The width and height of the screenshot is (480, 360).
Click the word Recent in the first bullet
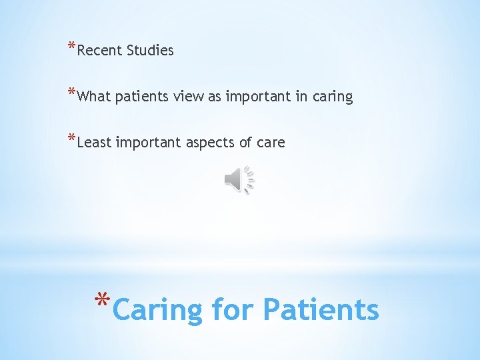tap(99, 51)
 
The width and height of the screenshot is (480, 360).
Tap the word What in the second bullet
tap(94, 97)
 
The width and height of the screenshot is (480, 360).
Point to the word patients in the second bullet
tap(142, 97)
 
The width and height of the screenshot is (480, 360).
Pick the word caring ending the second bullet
tap(332, 97)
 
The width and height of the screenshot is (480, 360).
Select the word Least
tap(94, 142)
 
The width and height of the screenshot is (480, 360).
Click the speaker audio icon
tap(235, 180)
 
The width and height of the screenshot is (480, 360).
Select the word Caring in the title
tap(158, 311)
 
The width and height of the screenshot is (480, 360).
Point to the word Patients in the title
tap(321, 309)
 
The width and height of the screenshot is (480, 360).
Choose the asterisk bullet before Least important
tap(71, 139)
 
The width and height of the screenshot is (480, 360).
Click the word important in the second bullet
tap(256, 97)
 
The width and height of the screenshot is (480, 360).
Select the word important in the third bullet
tap(148, 143)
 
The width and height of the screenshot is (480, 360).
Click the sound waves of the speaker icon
tap(250, 180)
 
